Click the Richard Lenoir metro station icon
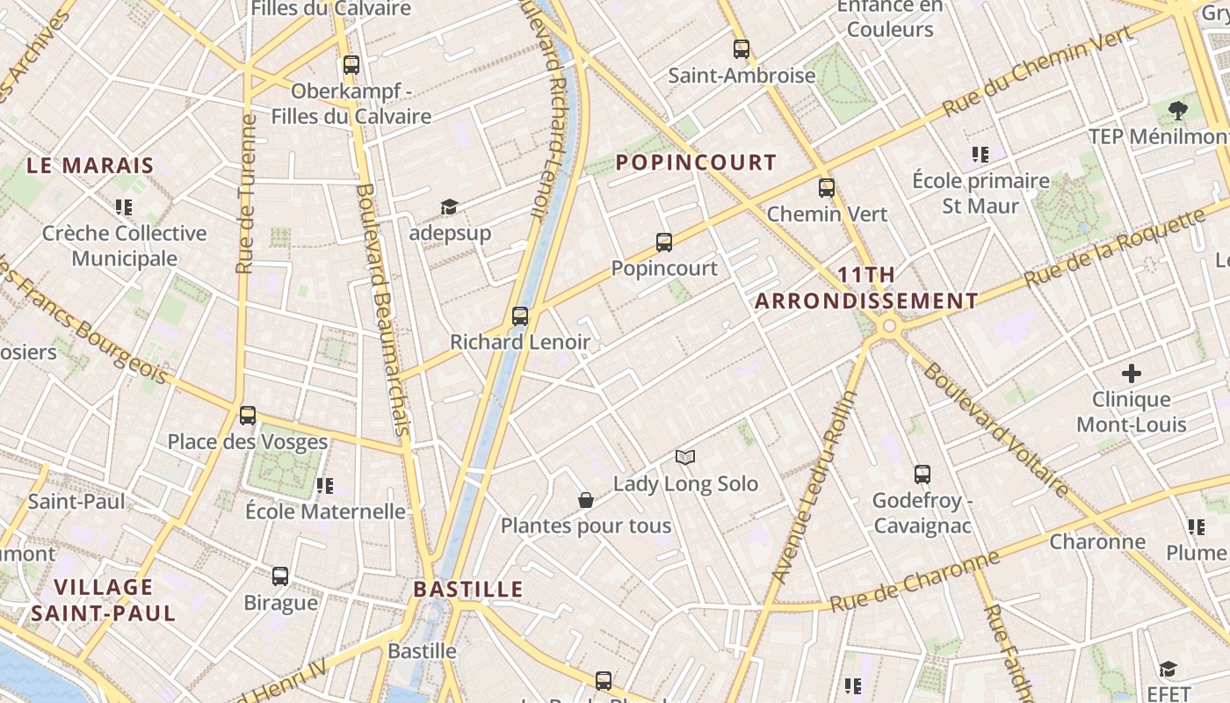click(520, 316)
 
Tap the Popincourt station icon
click(664, 243)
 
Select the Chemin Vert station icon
click(827, 188)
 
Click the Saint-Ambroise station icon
click(742, 49)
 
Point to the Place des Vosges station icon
click(248, 416)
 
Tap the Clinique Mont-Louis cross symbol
click(1132, 373)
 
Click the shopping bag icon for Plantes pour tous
click(586, 500)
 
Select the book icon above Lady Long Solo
click(685, 457)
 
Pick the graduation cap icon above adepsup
click(450, 207)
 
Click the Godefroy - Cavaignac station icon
click(922, 475)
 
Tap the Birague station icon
click(280, 576)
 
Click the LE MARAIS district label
click(90, 165)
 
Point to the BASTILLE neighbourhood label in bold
click(468, 589)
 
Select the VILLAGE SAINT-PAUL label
click(104, 599)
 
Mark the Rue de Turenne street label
click(246, 193)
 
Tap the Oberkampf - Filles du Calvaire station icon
click(351, 65)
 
